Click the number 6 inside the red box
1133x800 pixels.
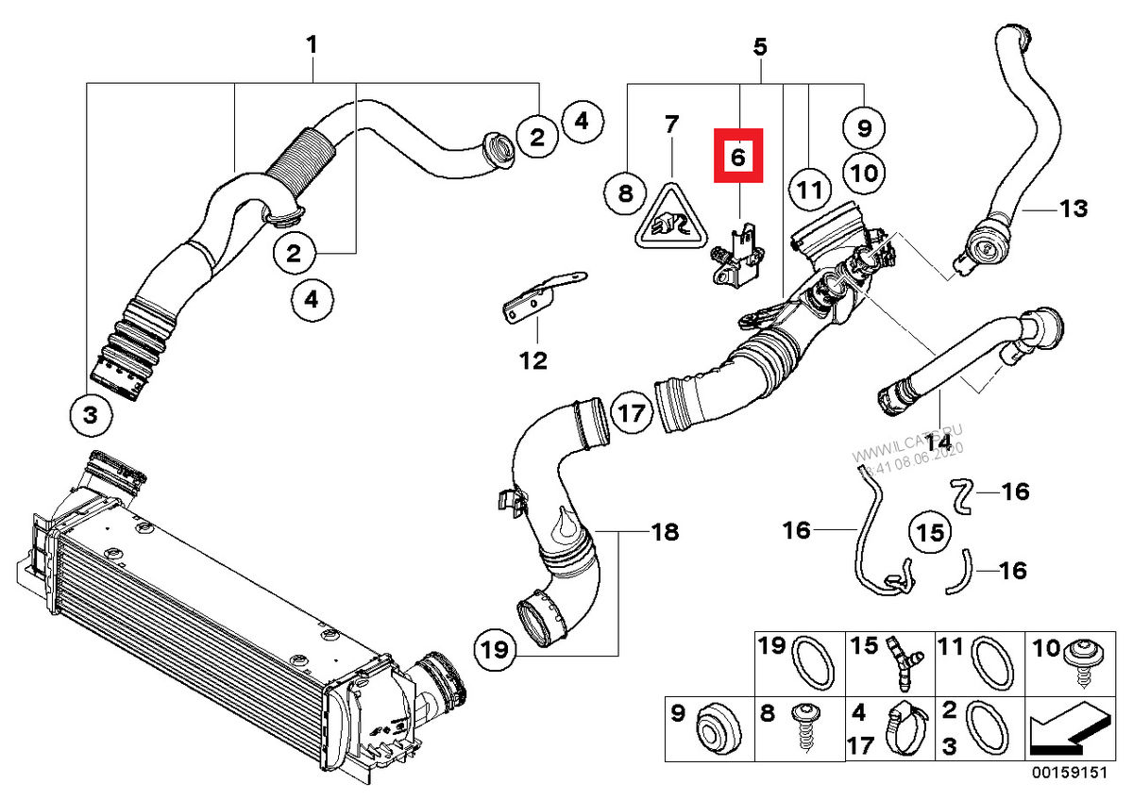(x=738, y=156)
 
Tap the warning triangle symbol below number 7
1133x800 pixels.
(x=670, y=219)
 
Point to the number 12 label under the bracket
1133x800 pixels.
(x=533, y=359)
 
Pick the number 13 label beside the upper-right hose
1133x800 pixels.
(x=1074, y=208)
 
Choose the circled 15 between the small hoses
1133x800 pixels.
(x=930, y=533)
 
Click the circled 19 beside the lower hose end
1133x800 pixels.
(x=497, y=649)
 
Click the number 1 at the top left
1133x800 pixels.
(x=312, y=43)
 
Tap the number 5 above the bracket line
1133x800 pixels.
(x=760, y=43)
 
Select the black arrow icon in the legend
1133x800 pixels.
(x=1067, y=731)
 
